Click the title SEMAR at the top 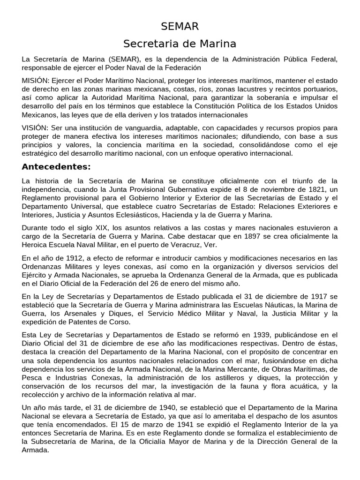[x=180, y=26]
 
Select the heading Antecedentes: [x=56, y=167]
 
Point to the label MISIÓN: [x=36, y=80]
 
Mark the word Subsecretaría [x=55, y=442]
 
